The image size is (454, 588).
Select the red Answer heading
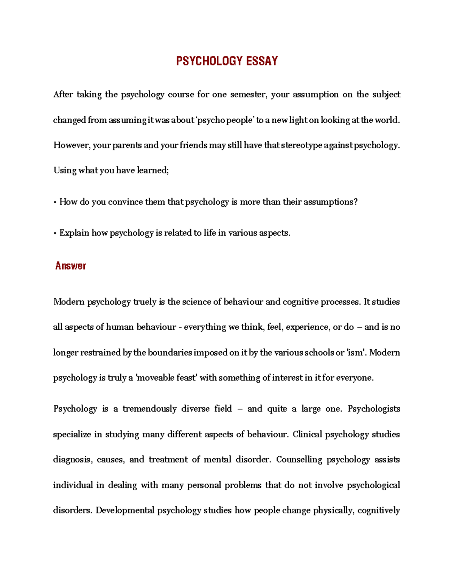(x=70, y=266)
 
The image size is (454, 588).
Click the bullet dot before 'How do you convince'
(x=55, y=202)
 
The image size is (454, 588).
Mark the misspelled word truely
(x=145, y=302)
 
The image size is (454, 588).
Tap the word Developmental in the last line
(x=125, y=510)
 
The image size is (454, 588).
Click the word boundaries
(x=170, y=352)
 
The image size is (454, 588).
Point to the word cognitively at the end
(x=378, y=510)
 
